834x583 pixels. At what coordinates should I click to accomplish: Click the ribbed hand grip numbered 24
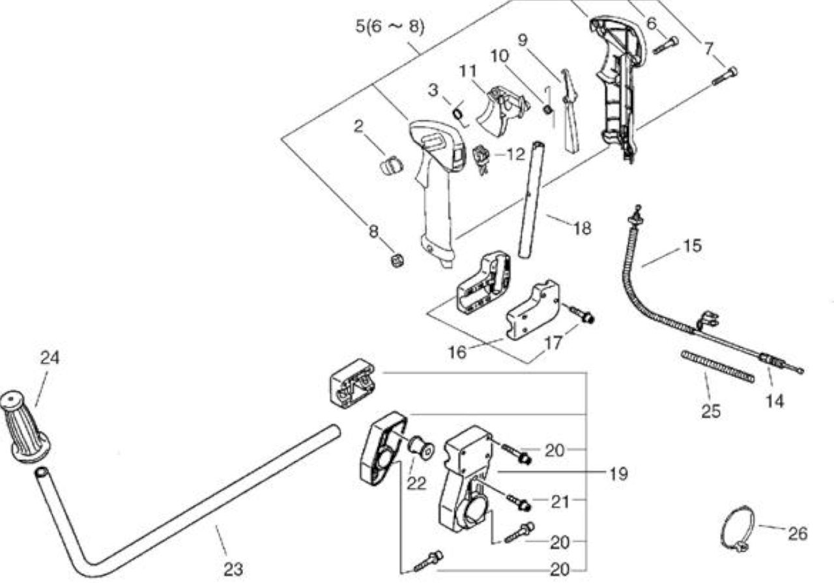(25, 427)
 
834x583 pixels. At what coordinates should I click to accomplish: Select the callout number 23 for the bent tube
(233, 569)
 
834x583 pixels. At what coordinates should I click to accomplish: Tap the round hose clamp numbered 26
(738, 529)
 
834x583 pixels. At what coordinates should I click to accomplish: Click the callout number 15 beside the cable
(692, 246)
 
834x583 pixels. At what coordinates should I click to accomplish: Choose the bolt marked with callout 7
(725, 76)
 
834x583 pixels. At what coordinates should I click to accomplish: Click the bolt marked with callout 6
(666, 45)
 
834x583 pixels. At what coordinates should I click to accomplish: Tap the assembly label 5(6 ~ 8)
(390, 27)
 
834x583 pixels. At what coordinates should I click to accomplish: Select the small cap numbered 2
(392, 165)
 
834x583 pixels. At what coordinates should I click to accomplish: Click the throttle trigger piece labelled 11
(502, 111)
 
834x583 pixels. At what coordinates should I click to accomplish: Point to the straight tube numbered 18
(530, 200)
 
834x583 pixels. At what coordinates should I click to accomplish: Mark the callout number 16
(457, 352)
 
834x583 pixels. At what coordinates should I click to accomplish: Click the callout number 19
(618, 474)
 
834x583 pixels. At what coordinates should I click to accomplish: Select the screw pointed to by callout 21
(518, 503)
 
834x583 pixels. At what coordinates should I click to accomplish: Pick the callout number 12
(515, 154)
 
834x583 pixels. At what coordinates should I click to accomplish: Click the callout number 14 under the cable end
(775, 402)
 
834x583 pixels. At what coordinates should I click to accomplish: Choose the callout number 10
(499, 56)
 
